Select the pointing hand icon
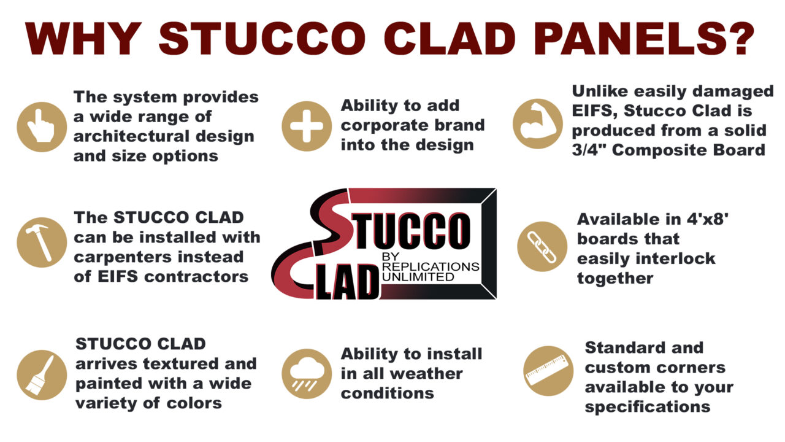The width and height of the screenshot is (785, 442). point(42,126)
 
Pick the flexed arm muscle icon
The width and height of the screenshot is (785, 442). point(537,123)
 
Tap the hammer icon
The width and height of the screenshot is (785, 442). point(42,242)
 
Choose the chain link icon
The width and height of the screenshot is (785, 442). point(542,247)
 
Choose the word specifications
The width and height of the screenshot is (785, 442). point(648,407)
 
